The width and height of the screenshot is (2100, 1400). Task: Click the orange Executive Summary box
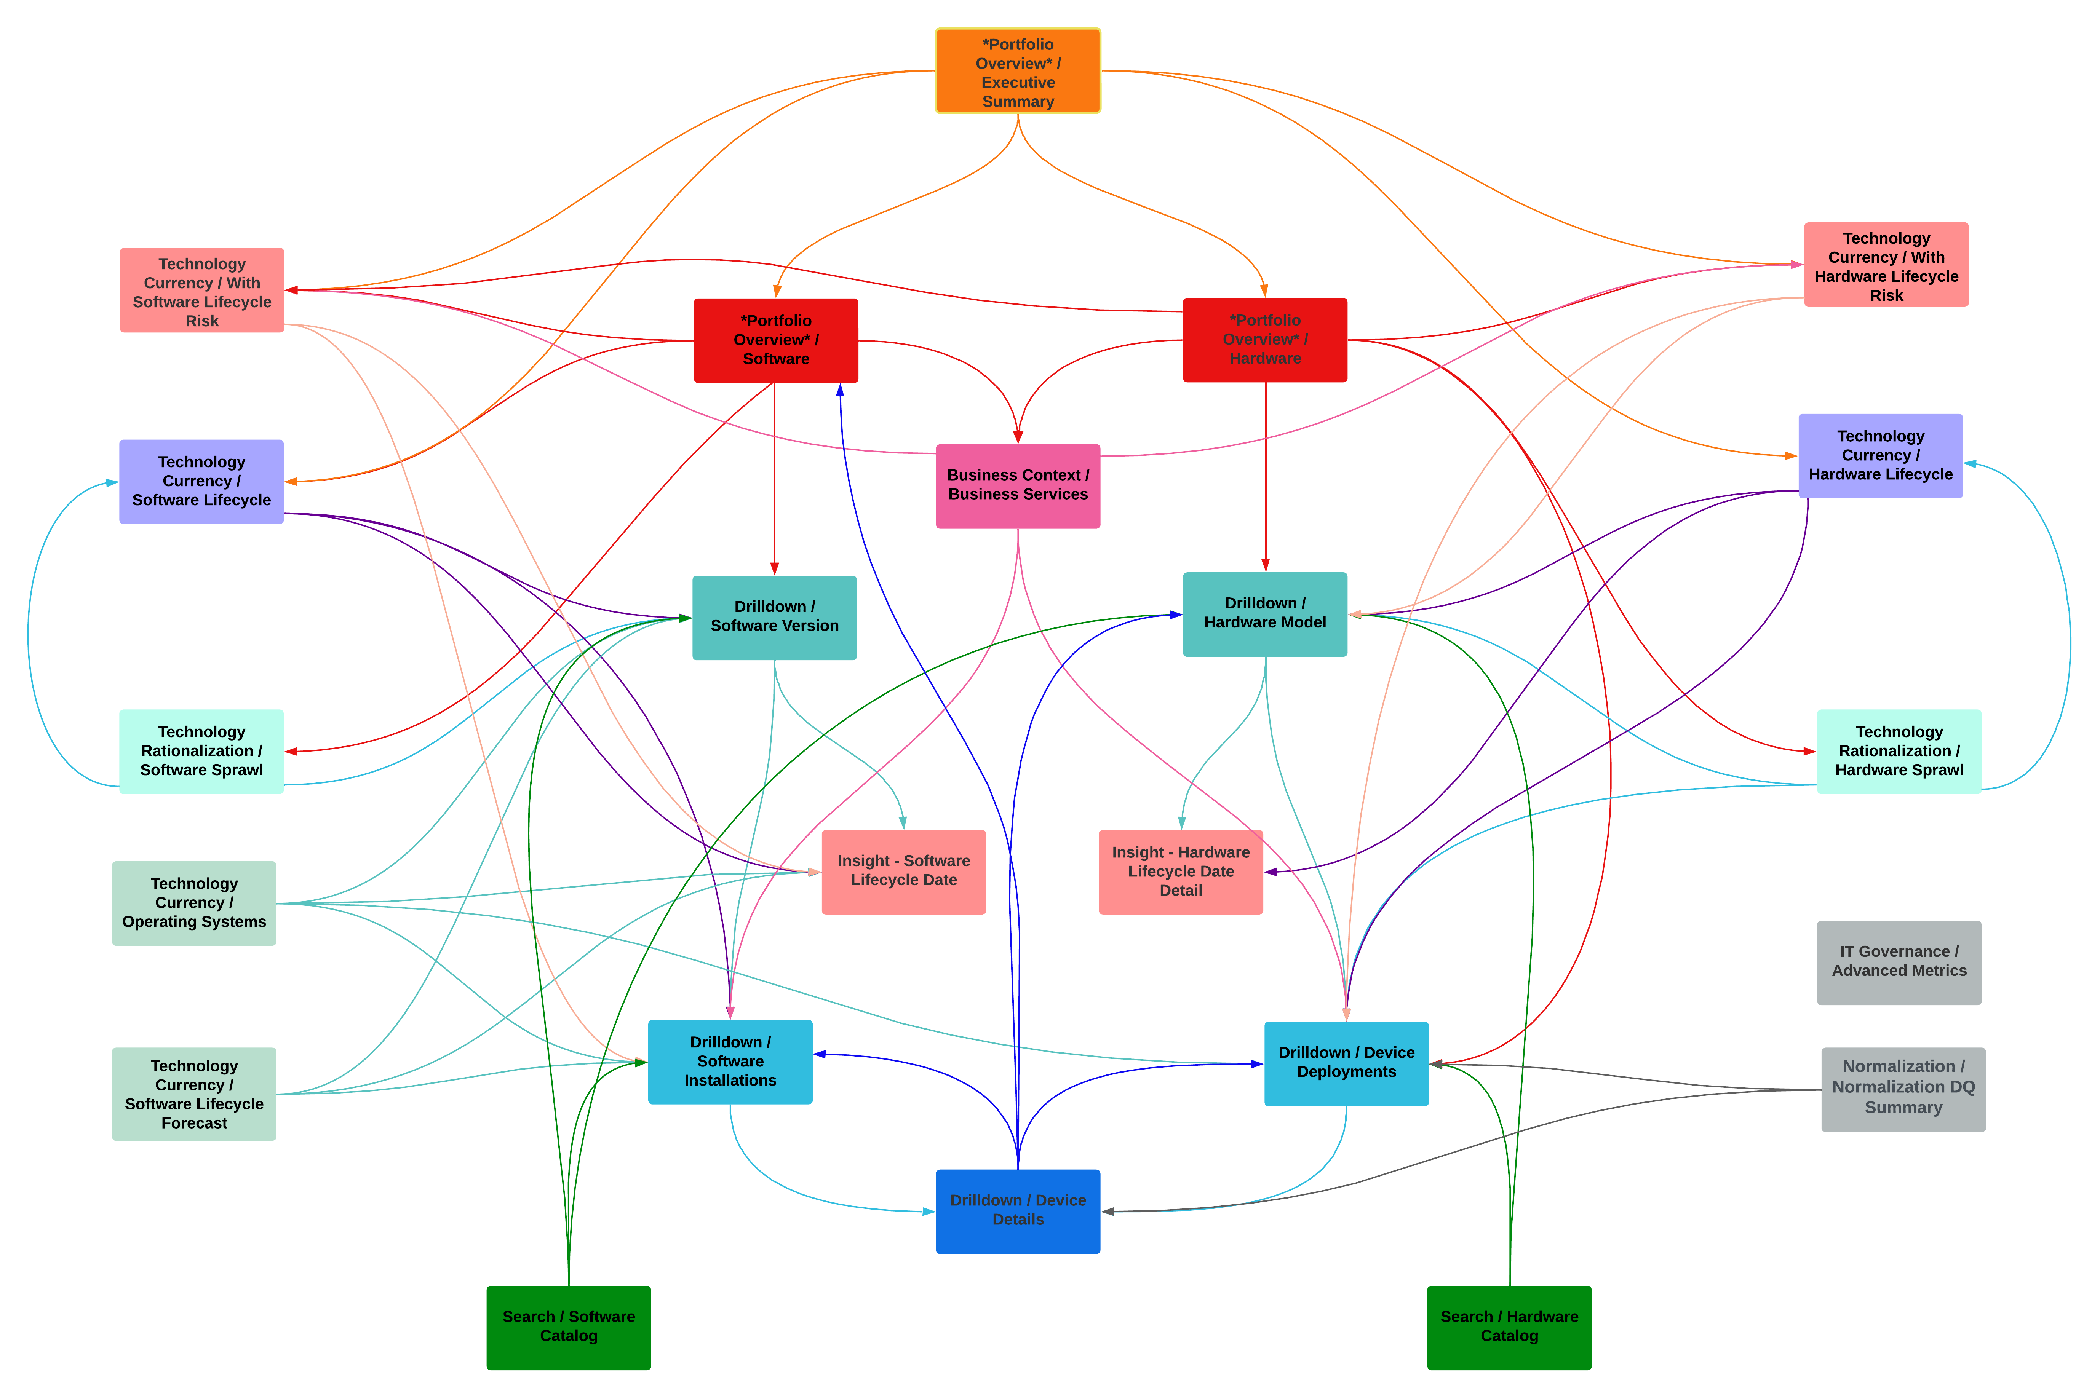tap(1018, 72)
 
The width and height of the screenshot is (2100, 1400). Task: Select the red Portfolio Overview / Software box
tap(776, 340)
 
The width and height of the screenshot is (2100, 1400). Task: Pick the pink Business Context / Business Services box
tap(1018, 486)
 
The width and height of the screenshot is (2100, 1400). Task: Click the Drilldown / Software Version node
tap(774, 617)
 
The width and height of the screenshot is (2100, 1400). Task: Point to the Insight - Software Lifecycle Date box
tap(904, 872)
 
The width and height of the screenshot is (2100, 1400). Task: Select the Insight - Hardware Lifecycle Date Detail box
tap(1180, 872)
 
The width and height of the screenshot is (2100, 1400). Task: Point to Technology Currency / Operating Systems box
tap(194, 903)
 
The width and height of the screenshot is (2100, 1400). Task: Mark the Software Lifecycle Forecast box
tap(194, 1094)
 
